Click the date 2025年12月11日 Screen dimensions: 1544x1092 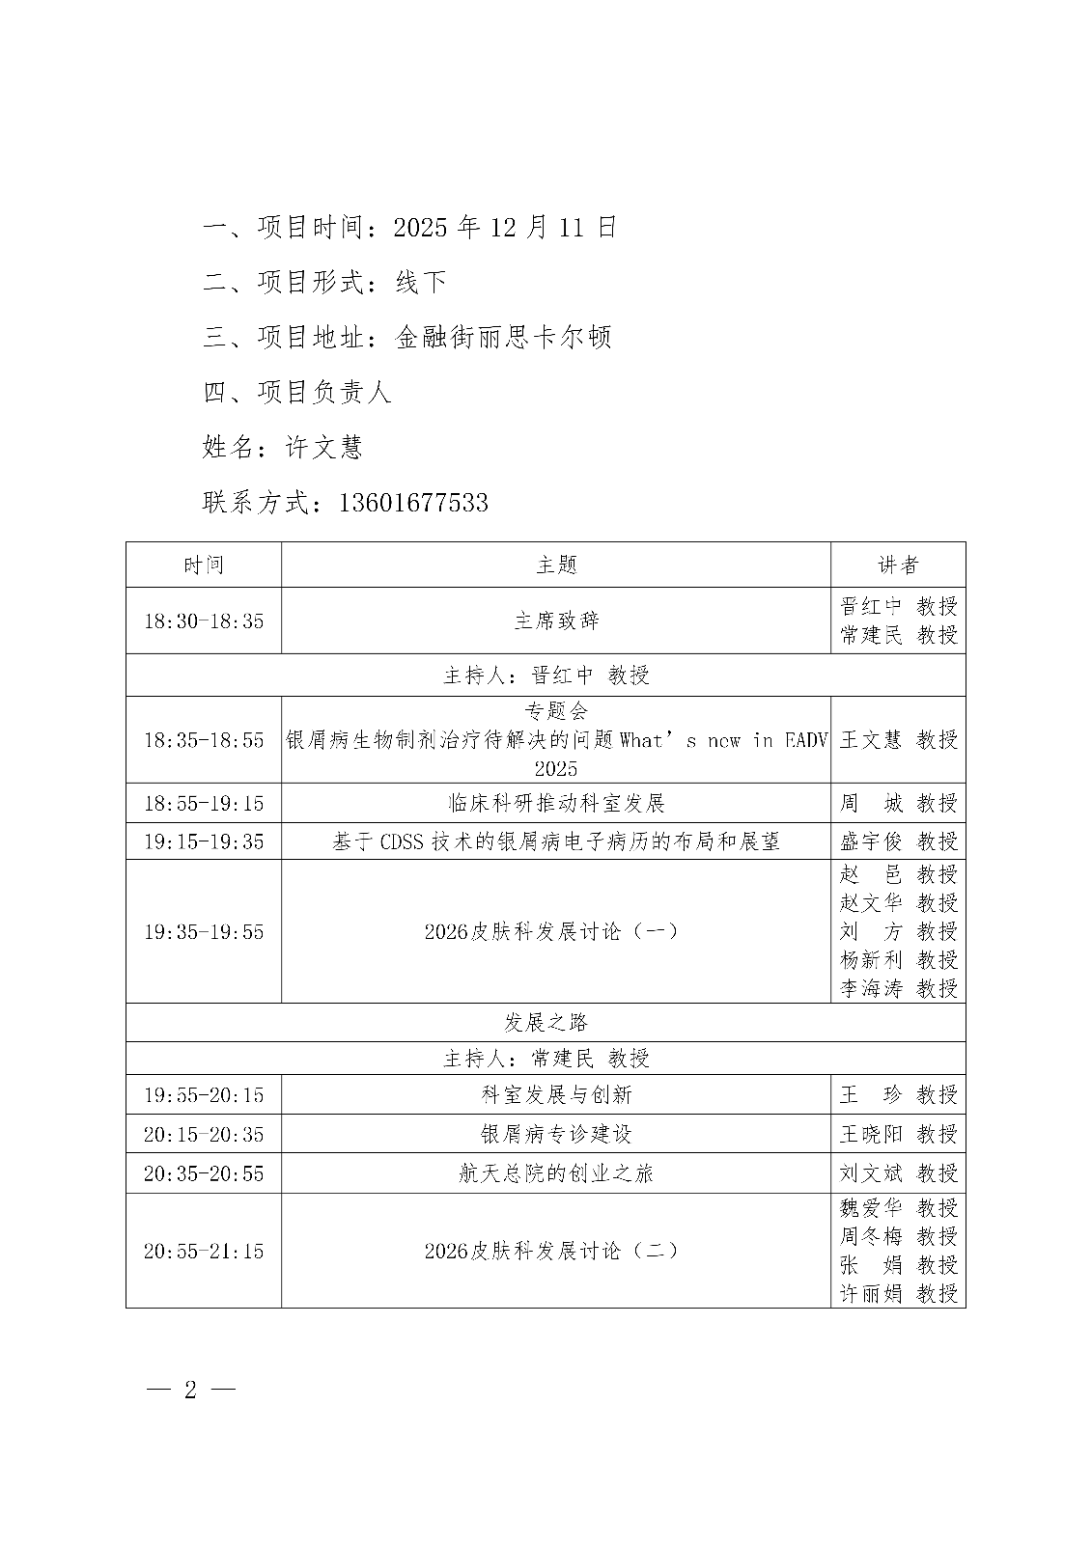(x=505, y=228)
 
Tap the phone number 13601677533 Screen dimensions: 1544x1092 (x=413, y=503)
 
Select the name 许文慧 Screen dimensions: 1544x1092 (x=323, y=448)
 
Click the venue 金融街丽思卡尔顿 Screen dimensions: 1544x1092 (x=503, y=338)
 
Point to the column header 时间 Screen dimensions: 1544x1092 (x=204, y=565)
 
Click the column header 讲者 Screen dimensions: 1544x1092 (x=898, y=565)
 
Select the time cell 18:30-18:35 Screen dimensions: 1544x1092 (x=204, y=620)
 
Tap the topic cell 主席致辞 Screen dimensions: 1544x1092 (x=556, y=620)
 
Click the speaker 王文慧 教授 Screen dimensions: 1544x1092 (x=898, y=740)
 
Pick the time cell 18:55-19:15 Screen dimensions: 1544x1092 (x=204, y=803)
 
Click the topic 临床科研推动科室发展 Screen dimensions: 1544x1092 (x=556, y=803)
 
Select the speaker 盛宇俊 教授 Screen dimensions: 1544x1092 (x=898, y=841)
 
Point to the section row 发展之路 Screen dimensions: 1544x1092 (x=546, y=1023)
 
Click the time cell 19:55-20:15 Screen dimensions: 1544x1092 (x=204, y=1095)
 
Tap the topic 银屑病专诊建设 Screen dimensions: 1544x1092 (x=556, y=1134)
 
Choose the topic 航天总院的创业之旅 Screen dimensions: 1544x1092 (x=556, y=1173)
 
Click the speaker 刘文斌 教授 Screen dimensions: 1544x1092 (x=898, y=1173)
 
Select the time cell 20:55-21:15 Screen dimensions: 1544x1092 (x=204, y=1252)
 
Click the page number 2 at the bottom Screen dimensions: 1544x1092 (x=190, y=1390)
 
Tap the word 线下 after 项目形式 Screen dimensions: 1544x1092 (x=421, y=283)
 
